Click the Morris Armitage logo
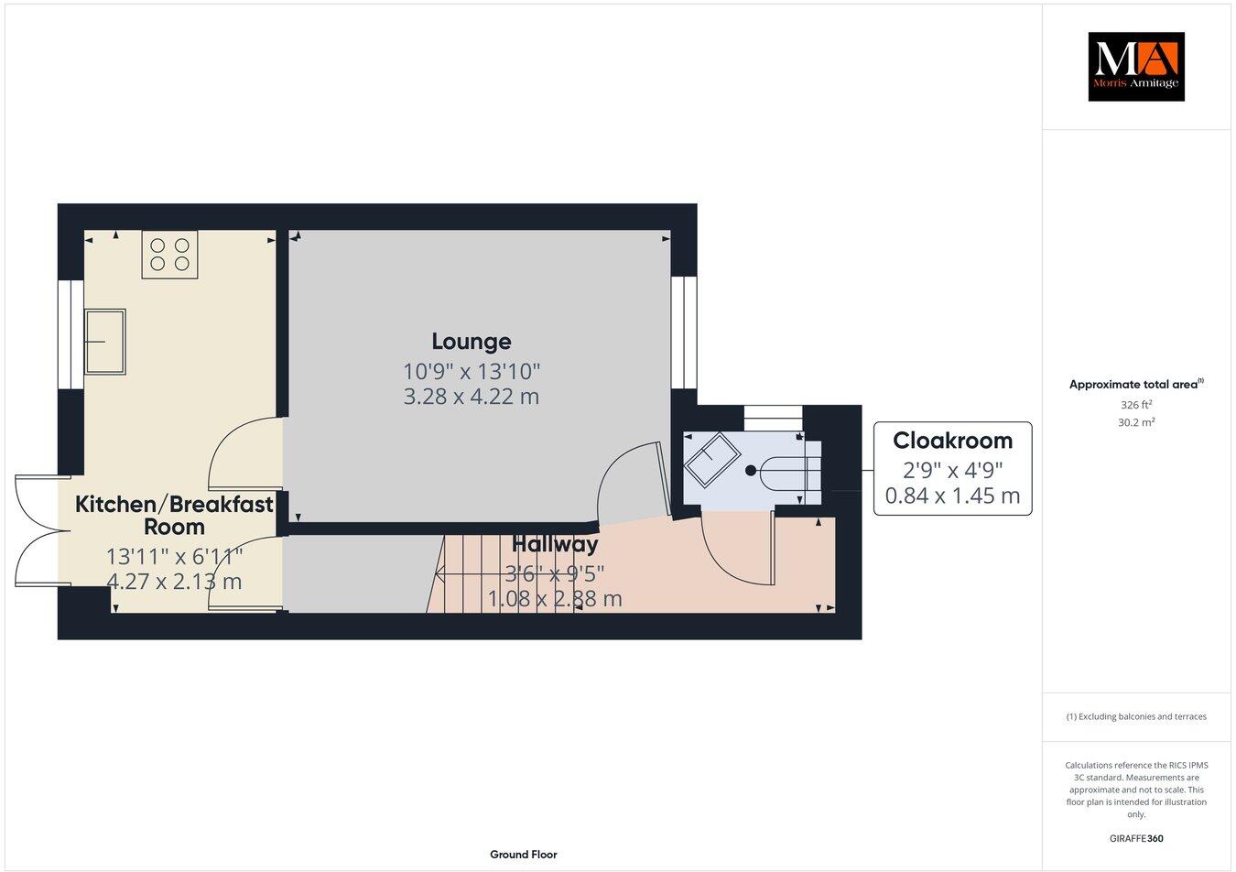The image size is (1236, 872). pos(1135,66)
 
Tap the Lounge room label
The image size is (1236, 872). pos(472,342)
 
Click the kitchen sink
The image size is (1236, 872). pos(105,341)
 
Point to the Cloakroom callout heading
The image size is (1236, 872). pos(952,441)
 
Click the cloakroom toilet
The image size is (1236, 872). pos(787,471)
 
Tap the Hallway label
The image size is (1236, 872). pos(555,544)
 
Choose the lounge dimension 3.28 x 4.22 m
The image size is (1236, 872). pos(472,397)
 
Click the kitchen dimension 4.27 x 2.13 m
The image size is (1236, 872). pos(174,582)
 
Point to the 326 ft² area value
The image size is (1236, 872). pos(1136,404)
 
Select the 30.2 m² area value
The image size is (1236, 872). pos(1136,422)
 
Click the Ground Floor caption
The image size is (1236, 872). pos(523,855)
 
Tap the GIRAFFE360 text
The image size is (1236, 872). pos(1136,838)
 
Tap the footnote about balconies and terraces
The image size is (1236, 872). pos(1136,716)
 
